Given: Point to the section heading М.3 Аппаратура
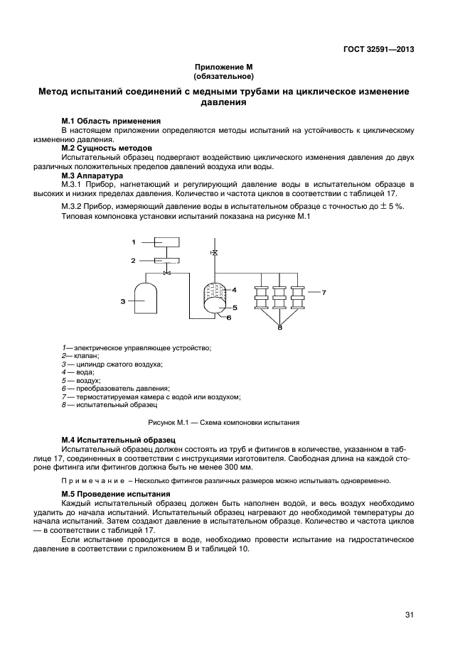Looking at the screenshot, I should (92, 175).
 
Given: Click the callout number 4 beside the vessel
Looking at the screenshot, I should (234, 289).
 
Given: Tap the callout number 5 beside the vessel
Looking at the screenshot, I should (234, 307).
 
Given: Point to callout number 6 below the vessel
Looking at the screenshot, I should (229, 318).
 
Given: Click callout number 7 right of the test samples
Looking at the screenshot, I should (323, 292).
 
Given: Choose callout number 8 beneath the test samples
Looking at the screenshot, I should (279, 328).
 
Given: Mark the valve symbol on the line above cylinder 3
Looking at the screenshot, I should (166, 273).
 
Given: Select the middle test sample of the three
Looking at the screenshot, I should (279, 296).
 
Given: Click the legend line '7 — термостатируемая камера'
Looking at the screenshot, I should (151, 396).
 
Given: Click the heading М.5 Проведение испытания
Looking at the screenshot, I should (115, 494).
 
